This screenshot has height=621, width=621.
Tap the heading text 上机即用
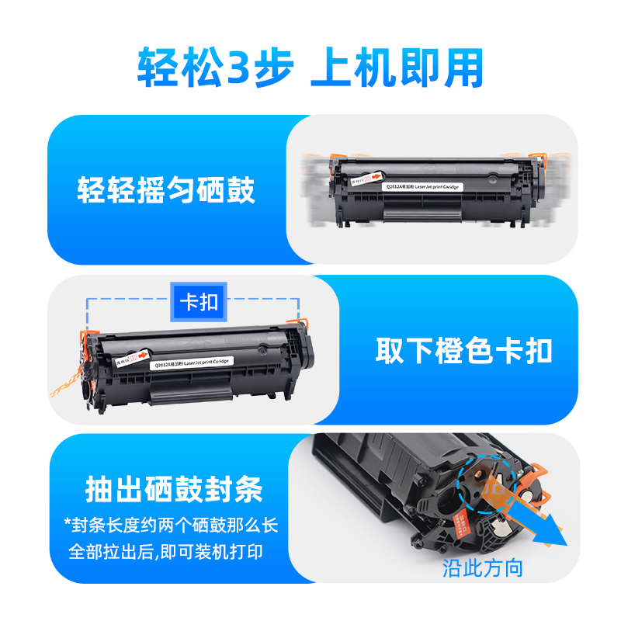point(396,68)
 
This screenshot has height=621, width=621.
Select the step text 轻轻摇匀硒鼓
point(166,190)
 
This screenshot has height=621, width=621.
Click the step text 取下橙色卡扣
point(464,351)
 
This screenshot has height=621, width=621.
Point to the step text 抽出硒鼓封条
point(174,490)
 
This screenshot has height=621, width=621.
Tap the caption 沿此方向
point(482,567)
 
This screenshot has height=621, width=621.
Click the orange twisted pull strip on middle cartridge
point(78,380)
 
